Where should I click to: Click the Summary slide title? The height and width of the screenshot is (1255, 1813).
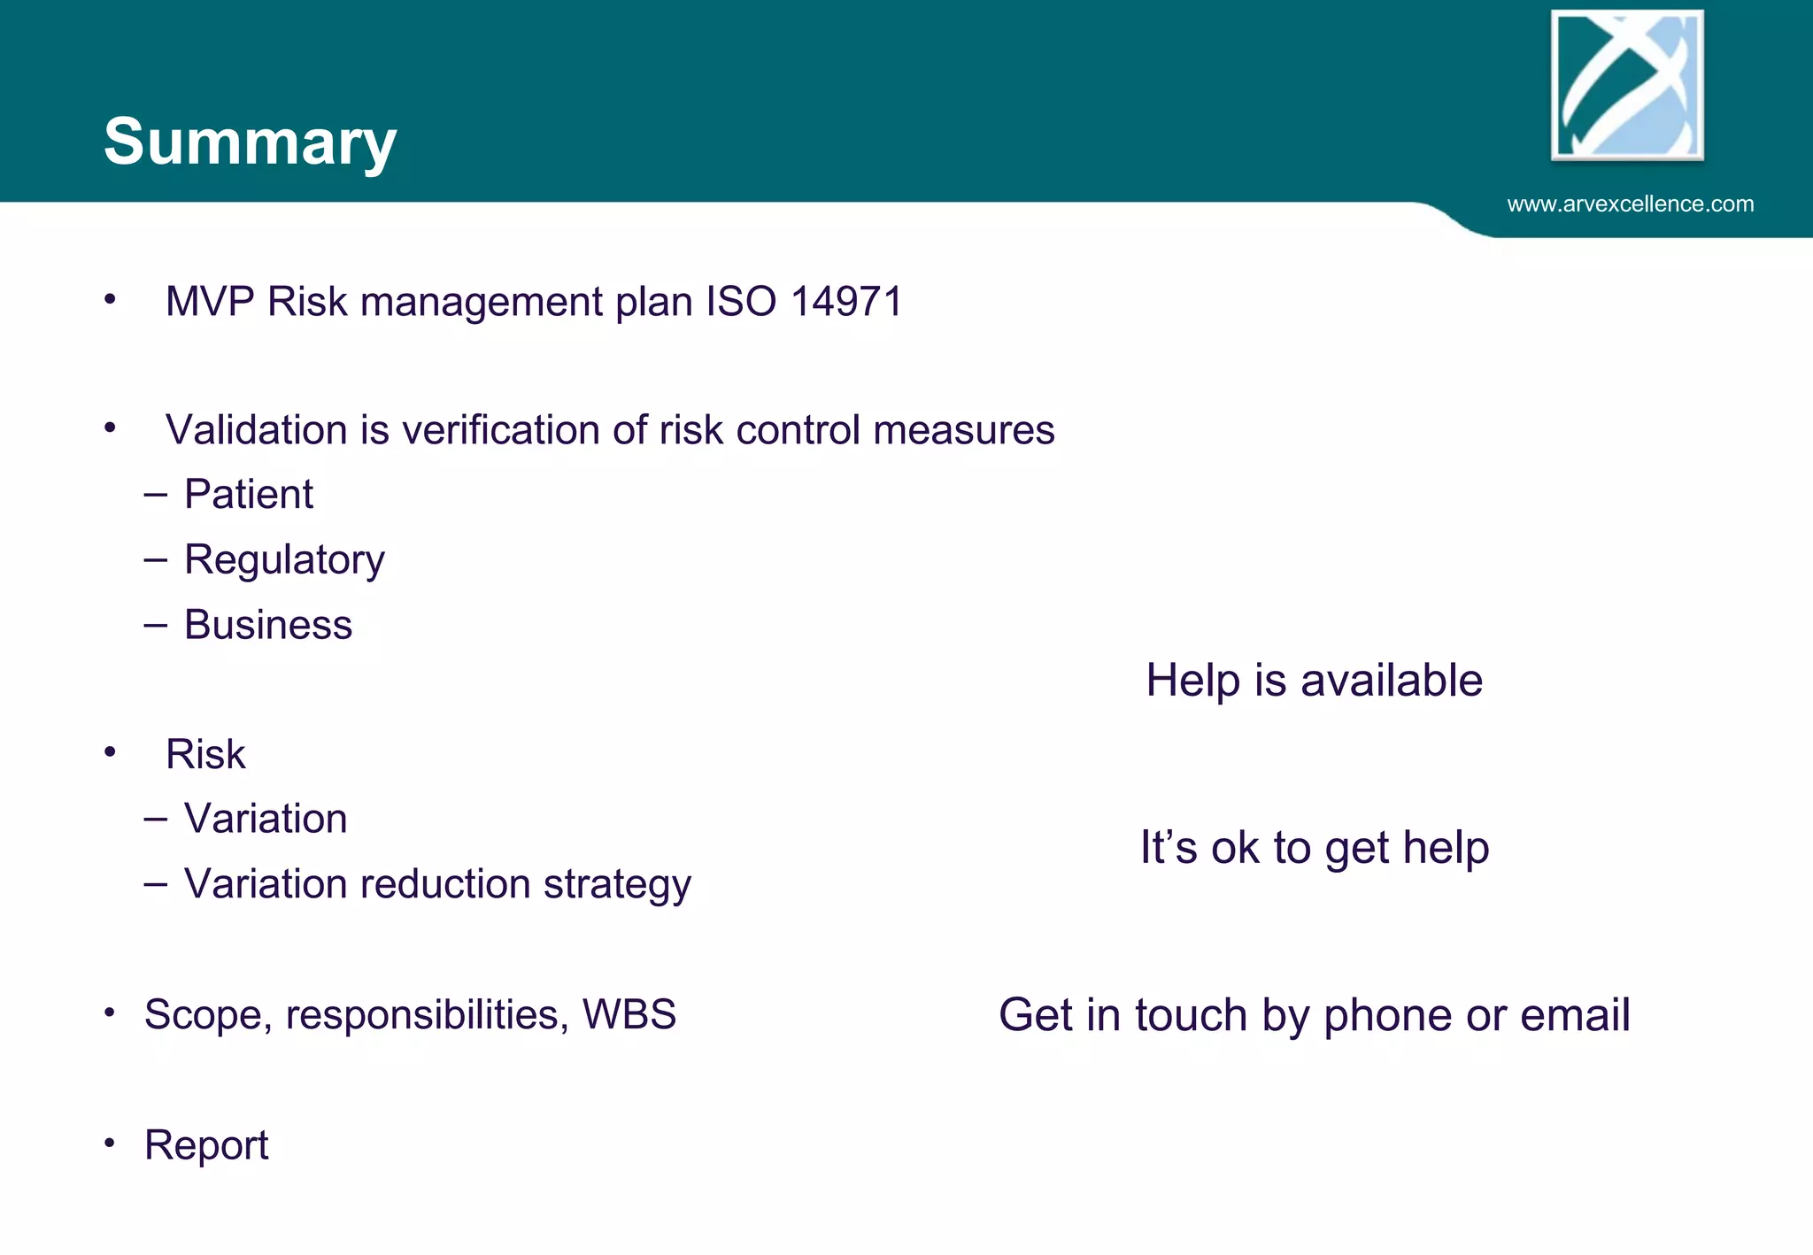(250, 142)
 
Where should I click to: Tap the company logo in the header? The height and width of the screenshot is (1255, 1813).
(1627, 85)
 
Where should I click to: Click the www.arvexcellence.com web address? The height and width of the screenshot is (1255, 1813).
(1630, 204)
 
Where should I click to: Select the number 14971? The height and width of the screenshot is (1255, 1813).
(846, 302)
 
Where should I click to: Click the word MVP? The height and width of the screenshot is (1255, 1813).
(210, 302)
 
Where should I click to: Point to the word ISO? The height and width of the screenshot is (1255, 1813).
(741, 302)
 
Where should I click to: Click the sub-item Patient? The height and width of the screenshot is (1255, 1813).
(248, 494)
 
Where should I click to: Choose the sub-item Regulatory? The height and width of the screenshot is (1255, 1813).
(284, 560)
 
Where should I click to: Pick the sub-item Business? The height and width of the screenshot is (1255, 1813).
(267, 625)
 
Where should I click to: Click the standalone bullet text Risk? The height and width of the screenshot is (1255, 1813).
(205, 755)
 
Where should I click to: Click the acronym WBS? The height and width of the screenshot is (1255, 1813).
(629, 1014)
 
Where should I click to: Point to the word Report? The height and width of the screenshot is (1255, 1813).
(206, 1145)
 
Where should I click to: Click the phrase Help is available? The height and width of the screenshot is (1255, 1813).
(1314, 681)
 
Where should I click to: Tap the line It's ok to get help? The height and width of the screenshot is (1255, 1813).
(1314, 848)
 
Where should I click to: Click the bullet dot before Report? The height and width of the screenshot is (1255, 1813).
(109, 1143)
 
